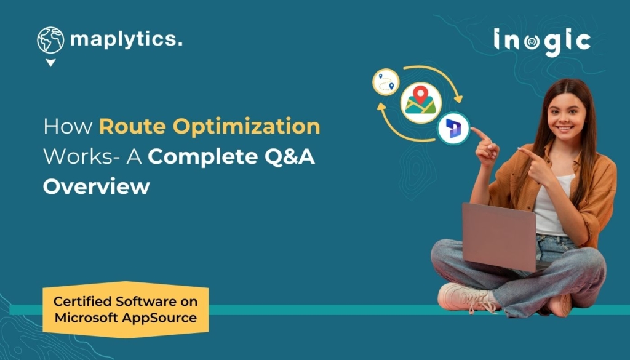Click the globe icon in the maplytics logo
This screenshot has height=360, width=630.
pyautogui.click(x=50, y=41)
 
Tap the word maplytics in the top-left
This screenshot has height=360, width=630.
pyautogui.click(x=126, y=40)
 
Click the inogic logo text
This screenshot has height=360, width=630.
pyautogui.click(x=542, y=42)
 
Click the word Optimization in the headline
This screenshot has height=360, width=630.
pyautogui.click(x=247, y=127)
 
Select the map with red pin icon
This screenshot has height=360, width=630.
pyautogui.click(x=421, y=103)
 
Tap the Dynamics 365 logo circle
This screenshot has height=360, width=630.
pyautogui.click(x=453, y=129)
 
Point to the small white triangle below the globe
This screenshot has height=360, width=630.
pyautogui.click(x=50, y=63)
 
